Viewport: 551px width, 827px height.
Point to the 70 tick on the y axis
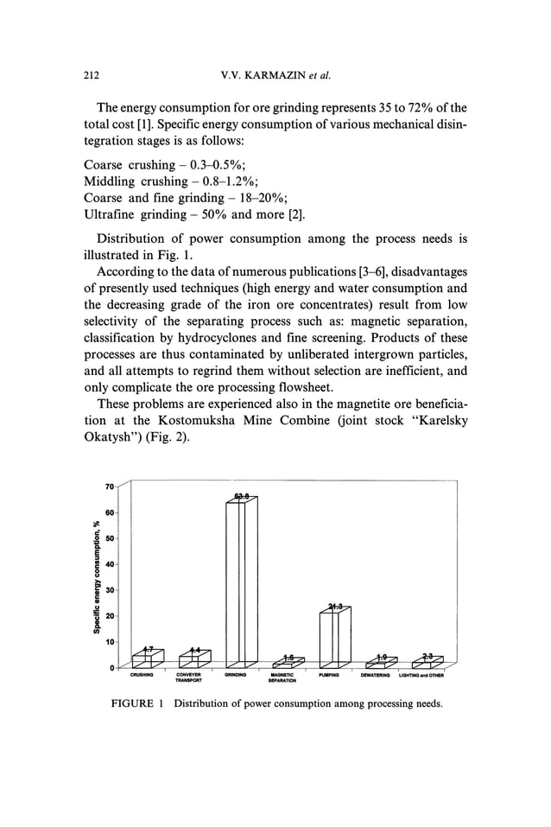click(110, 487)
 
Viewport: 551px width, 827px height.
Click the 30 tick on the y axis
click(110, 590)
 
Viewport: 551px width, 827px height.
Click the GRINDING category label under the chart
click(236, 675)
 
